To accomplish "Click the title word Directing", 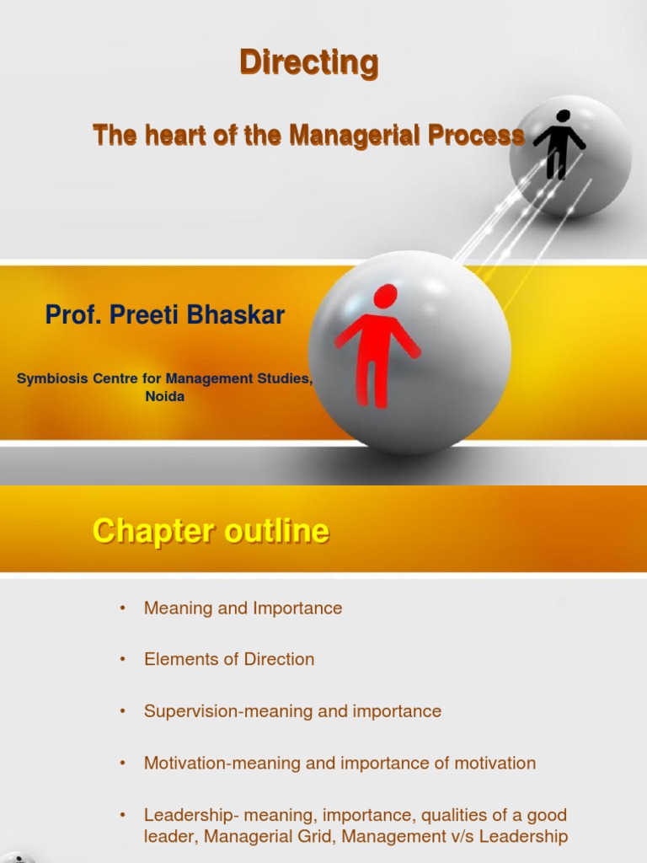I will tap(308, 63).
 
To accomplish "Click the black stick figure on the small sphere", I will tap(558, 144).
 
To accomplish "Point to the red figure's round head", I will tap(385, 296).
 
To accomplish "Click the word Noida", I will tap(165, 396).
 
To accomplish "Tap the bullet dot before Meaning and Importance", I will tap(123, 608).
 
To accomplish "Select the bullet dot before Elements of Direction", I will tap(123, 660).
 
